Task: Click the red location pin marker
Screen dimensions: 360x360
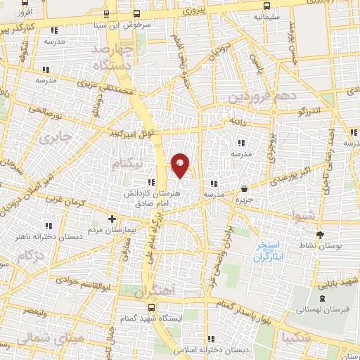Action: (181, 165)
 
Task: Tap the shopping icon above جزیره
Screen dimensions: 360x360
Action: (244, 188)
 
